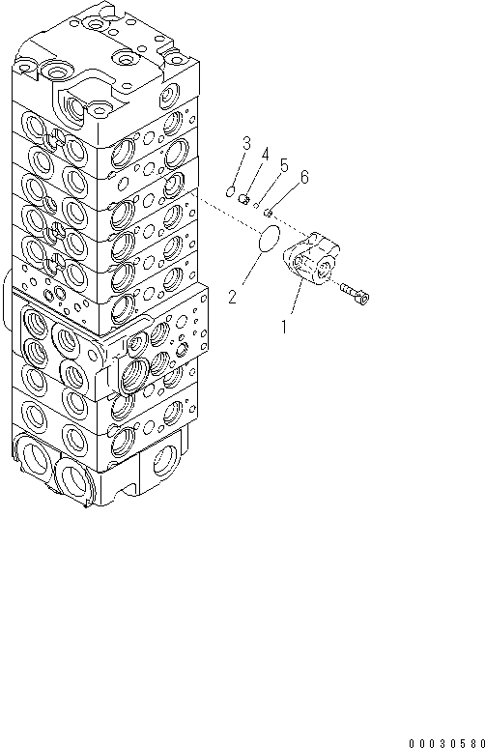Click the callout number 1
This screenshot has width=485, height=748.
pyautogui.click(x=284, y=328)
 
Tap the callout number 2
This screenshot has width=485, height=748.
pyautogui.click(x=232, y=297)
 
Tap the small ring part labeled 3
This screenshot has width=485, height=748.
pyautogui.click(x=230, y=192)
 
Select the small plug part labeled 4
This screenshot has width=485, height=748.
pyautogui.click(x=244, y=199)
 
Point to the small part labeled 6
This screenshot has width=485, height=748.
pyautogui.click(x=271, y=212)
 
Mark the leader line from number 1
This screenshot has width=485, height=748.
pyautogui.click(x=294, y=304)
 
